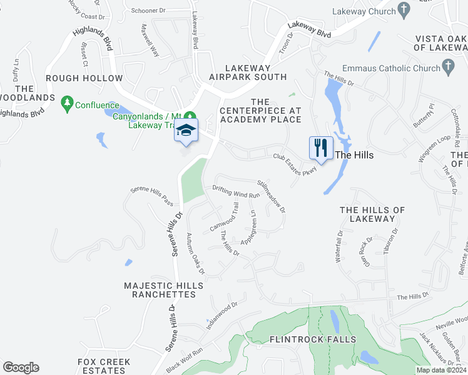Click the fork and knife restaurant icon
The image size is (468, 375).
(320, 149)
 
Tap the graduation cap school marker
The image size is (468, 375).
(186, 130)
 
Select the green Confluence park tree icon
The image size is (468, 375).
(68, 104)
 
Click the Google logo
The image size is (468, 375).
(21, 367)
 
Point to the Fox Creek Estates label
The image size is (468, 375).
(104, 366)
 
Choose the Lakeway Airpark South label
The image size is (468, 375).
(248, 72)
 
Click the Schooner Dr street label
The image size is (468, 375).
(150, 11)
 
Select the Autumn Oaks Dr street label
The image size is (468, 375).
(195, 252)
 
